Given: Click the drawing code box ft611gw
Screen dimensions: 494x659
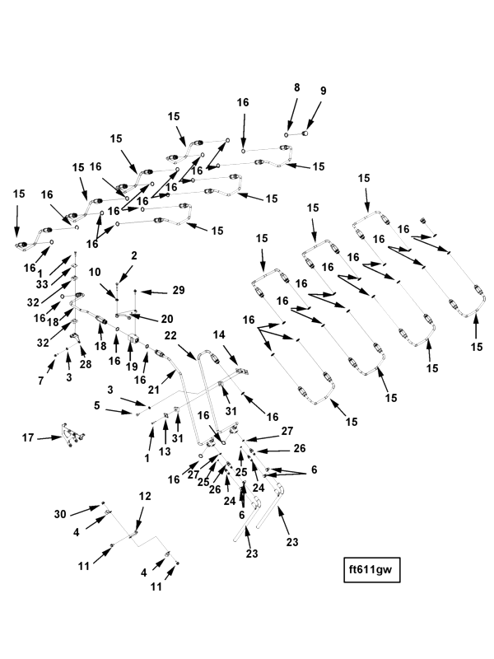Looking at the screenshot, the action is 372,570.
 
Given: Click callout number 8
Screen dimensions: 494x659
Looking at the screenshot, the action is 297,87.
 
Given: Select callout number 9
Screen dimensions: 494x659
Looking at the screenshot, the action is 323,91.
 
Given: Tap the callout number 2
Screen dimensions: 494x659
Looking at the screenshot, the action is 134,255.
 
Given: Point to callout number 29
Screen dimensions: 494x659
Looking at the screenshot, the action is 179,291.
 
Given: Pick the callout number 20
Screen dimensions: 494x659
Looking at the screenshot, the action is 167,319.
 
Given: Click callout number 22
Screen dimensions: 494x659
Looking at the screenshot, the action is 170,336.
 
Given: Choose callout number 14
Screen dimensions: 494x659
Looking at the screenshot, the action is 219,335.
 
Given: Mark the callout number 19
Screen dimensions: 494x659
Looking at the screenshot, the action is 132,367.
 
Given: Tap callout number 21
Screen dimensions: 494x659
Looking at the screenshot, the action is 154,390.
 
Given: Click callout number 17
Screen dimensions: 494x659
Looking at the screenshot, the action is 28,438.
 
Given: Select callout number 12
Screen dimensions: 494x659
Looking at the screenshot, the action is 145,497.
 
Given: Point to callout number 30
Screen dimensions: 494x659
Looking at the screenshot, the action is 60,514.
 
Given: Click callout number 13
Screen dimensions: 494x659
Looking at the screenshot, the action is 165,451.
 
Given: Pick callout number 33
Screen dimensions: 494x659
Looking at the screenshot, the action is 42,284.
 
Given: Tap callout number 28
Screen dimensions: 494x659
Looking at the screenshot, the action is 86,363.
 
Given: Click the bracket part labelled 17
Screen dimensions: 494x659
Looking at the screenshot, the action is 73,436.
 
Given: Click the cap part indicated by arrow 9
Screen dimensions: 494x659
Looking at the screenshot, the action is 305,133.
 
